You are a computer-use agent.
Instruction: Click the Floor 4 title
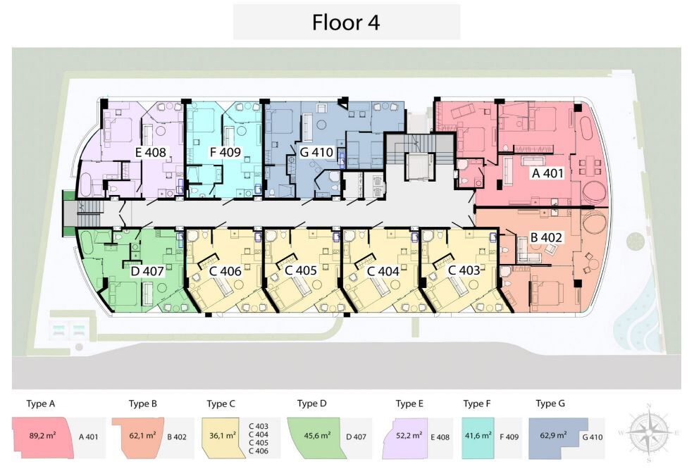pyautogui.click(x=346, y=22)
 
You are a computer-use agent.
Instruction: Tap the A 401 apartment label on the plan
pyautogui.click(x=547, y=173)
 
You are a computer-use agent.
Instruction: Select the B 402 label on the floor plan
pyautogui.click(x=546, y=237)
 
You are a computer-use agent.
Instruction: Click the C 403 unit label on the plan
pyautogui.click(x=464, y=270)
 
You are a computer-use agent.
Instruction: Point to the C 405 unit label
pyautogui.click(x=301, y=270)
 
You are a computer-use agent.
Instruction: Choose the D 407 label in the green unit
pyautogui.click(x=147, y=270)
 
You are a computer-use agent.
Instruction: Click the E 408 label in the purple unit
pyautogui.click(x=151, y=153)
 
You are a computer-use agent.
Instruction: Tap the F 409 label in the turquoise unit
pyautogui.click(x=225, y=153)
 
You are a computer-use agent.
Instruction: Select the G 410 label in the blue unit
pyautogui.click(x=316, y=153)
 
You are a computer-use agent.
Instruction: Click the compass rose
pyautogui.click(x=649, y=432)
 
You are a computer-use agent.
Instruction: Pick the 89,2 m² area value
pyautogui.click(x=42, y=435)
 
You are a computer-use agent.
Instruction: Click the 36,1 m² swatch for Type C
pyautogui.click(x=222, y=436)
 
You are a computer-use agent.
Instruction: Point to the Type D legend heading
pyautogui.click(x=311, y=403)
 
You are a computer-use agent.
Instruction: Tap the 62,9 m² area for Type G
pyautogui.click(x=553, y=435)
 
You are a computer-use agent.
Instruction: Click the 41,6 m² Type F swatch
pyautogui.click(x=478, y=436)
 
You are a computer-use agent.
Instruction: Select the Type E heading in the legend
pyautogui.click(x=409, y=403)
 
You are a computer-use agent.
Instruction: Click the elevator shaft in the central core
pyautogui.click(x=419, y=167)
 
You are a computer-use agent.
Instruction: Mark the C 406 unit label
pyautogui.click(x=225, y=270)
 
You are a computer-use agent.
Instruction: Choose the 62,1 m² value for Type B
pyautogui.click(x=142, y=435)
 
